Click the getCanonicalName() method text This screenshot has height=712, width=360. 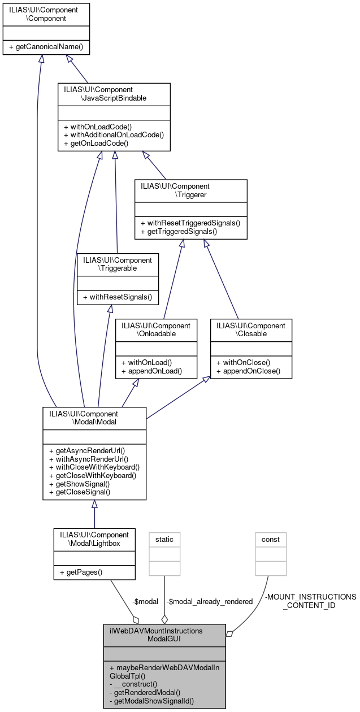coord(46,46)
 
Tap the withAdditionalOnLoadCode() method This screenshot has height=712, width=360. coord(114,134)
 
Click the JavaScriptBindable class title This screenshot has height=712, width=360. coord(114,94)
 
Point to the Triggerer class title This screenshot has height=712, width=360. coord(190,190)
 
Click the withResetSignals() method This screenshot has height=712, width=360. coord(118,297)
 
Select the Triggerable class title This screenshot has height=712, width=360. coord(118,264)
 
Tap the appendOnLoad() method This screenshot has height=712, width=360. coord(151,371)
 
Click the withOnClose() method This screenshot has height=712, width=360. coord(246,362)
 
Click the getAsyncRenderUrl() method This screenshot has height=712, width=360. coord(87,450)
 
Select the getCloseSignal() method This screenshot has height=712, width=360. coord(80,492)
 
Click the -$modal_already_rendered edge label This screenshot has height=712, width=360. coord(209,601)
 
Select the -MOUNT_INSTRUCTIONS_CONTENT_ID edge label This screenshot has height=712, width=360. coord(310,601)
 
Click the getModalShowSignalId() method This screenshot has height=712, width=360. coord(152,701)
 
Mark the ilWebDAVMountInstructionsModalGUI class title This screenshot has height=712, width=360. coord(164,634)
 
